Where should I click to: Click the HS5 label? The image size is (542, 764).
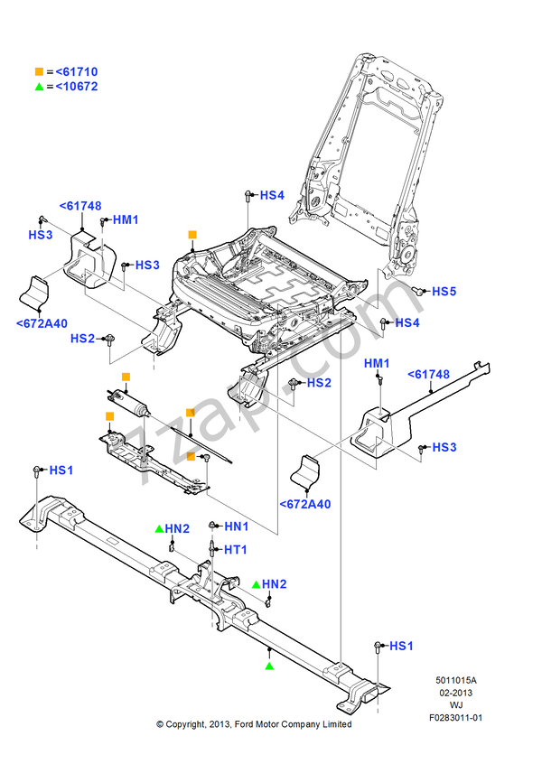click(x=444, y=292)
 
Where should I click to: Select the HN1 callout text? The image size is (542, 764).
click(x=236, y=526)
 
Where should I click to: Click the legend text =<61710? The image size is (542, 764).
click(x=71, y=71)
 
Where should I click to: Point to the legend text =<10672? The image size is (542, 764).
click(x=71, y=87)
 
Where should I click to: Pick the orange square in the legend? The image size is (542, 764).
click(x=39, y=71)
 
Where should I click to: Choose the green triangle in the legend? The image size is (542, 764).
click(x=39, y=87)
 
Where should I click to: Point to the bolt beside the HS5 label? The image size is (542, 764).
click(x=418, y=290)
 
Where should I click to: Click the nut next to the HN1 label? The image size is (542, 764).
click(x=211, y=526)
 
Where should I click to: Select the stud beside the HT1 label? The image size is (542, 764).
click(x=211, y=548)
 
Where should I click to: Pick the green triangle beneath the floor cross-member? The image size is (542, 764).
click(x=269, y=666)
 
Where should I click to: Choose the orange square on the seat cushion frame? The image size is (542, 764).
click(x=192, y=235)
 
